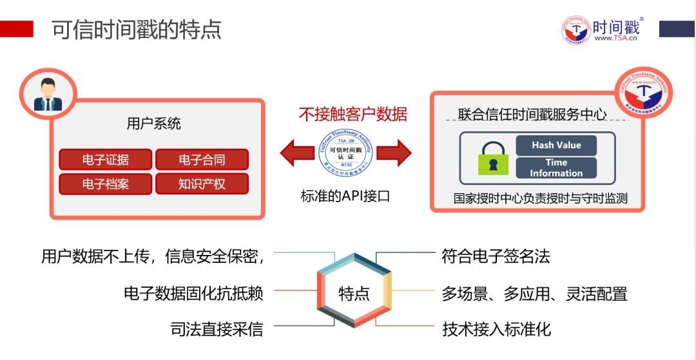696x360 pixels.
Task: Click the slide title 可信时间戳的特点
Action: [x=137, y=30]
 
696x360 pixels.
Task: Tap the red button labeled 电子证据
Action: [x=106, y=160]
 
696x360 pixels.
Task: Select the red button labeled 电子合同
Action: [x=202, y=160]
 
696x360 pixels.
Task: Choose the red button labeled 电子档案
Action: [x=106, y=184]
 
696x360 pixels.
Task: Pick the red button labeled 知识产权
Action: [x=202, y=184]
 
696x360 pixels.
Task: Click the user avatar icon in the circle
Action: [x=48, y=95]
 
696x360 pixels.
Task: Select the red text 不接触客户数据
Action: [x=353, y=114]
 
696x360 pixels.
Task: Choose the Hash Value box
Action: [x=556, y=146]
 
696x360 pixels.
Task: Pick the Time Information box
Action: [x=556, y=168]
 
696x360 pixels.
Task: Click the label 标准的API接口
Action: [x=345, y=196]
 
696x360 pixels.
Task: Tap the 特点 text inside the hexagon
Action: [x=354, y=294]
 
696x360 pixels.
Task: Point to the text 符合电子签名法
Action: [x=496, y=257]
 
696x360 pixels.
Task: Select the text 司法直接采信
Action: [x=217, y=329]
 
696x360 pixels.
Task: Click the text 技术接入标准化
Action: [x=496, y=329]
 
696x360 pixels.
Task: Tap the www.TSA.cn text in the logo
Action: [x=615, y=38]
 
